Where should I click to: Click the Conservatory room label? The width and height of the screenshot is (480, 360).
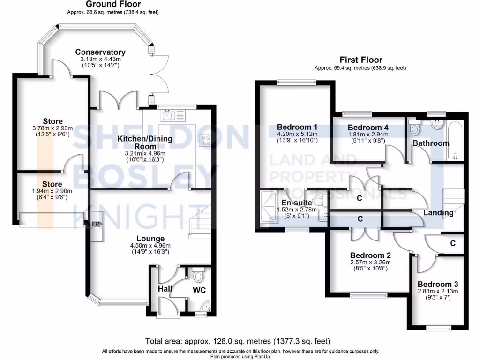tap(100, 52)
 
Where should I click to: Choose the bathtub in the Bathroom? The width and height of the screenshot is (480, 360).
tap(454, 140)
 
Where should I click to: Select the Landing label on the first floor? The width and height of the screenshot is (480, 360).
tap(438, 213)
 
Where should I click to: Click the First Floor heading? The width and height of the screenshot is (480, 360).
tap(361, 60)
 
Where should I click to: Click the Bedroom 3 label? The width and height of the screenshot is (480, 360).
tap(438, 285)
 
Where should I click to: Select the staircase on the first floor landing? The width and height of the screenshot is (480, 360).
tap(452, 197)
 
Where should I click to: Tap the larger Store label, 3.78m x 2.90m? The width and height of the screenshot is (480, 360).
tap(52, 121)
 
